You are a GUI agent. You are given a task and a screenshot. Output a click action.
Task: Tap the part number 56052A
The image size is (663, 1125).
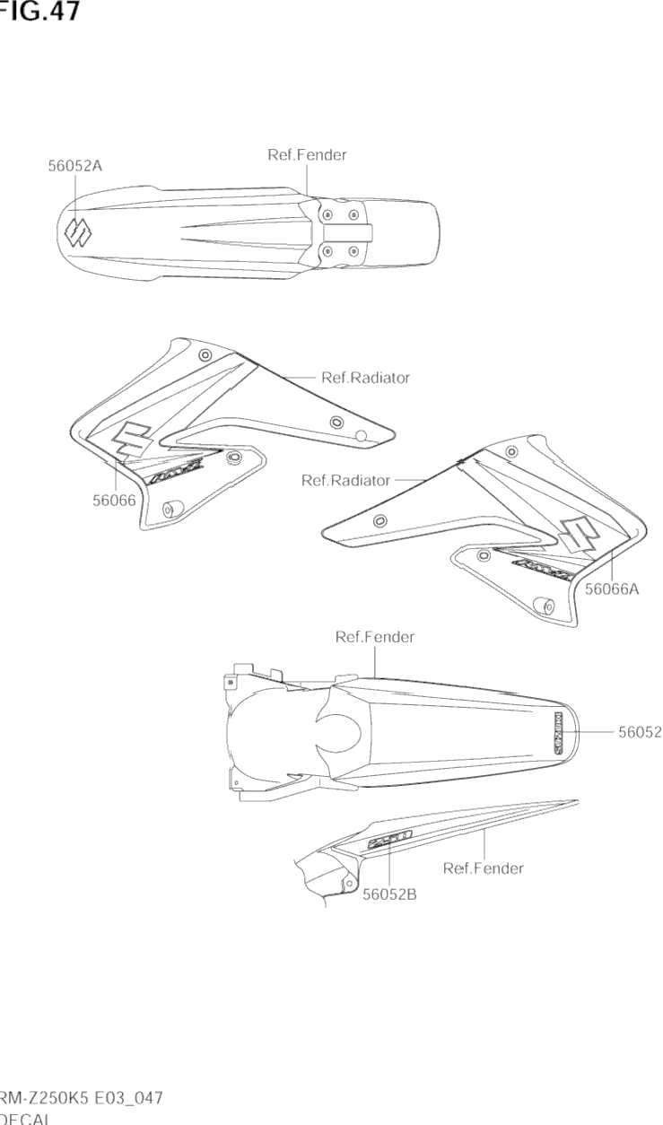pos(75,166)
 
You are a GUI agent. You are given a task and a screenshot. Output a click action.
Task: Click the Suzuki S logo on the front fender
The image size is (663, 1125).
pos(77,232)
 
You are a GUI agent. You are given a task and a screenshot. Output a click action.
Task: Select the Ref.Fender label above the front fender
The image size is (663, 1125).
pos(307,155)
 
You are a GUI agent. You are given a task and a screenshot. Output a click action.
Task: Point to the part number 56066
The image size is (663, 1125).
pos(114,501)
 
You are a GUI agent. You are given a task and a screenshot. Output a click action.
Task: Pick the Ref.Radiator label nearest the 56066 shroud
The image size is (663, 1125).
pos(365,378)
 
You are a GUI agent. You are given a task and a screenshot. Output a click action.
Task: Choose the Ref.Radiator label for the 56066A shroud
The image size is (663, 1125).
pos(345,481)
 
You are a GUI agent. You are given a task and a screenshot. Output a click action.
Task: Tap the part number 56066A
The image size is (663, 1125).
pos(612,589)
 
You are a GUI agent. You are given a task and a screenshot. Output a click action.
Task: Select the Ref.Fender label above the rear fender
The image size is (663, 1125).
pos(374,638)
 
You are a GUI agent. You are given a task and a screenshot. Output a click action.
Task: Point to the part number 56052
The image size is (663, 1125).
pos(640,733)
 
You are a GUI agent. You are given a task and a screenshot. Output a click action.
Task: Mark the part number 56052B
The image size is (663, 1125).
pos(389,894)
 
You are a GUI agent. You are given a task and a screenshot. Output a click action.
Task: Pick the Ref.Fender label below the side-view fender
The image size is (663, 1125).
pos(483,868)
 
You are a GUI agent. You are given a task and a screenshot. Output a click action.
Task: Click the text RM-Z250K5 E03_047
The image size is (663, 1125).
pos(80,1098)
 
